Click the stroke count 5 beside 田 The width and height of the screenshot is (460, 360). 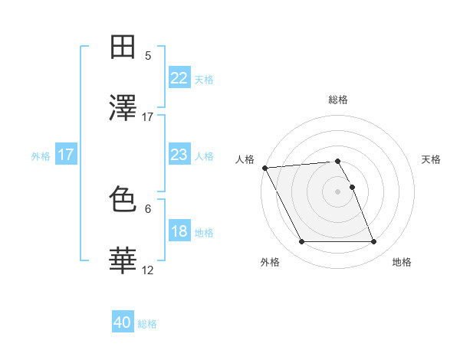point(147,55)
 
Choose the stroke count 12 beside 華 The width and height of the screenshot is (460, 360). point(147,270)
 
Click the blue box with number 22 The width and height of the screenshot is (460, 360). point(179,78)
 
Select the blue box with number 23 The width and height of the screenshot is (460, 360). point(179,155)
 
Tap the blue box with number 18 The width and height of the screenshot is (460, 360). point(179,231)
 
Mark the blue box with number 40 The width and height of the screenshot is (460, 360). point(123,323)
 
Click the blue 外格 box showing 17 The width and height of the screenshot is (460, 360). point(66,155)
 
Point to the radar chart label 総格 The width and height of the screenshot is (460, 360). point(338,100)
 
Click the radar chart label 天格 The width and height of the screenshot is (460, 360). point(431,159)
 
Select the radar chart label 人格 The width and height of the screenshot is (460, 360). point(245,159)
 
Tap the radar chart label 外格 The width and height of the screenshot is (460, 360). point(270,263)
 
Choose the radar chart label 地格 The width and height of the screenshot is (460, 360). point(402,263)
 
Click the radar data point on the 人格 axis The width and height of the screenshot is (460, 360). point(264,168)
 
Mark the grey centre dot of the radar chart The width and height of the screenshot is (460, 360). point(338,191)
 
